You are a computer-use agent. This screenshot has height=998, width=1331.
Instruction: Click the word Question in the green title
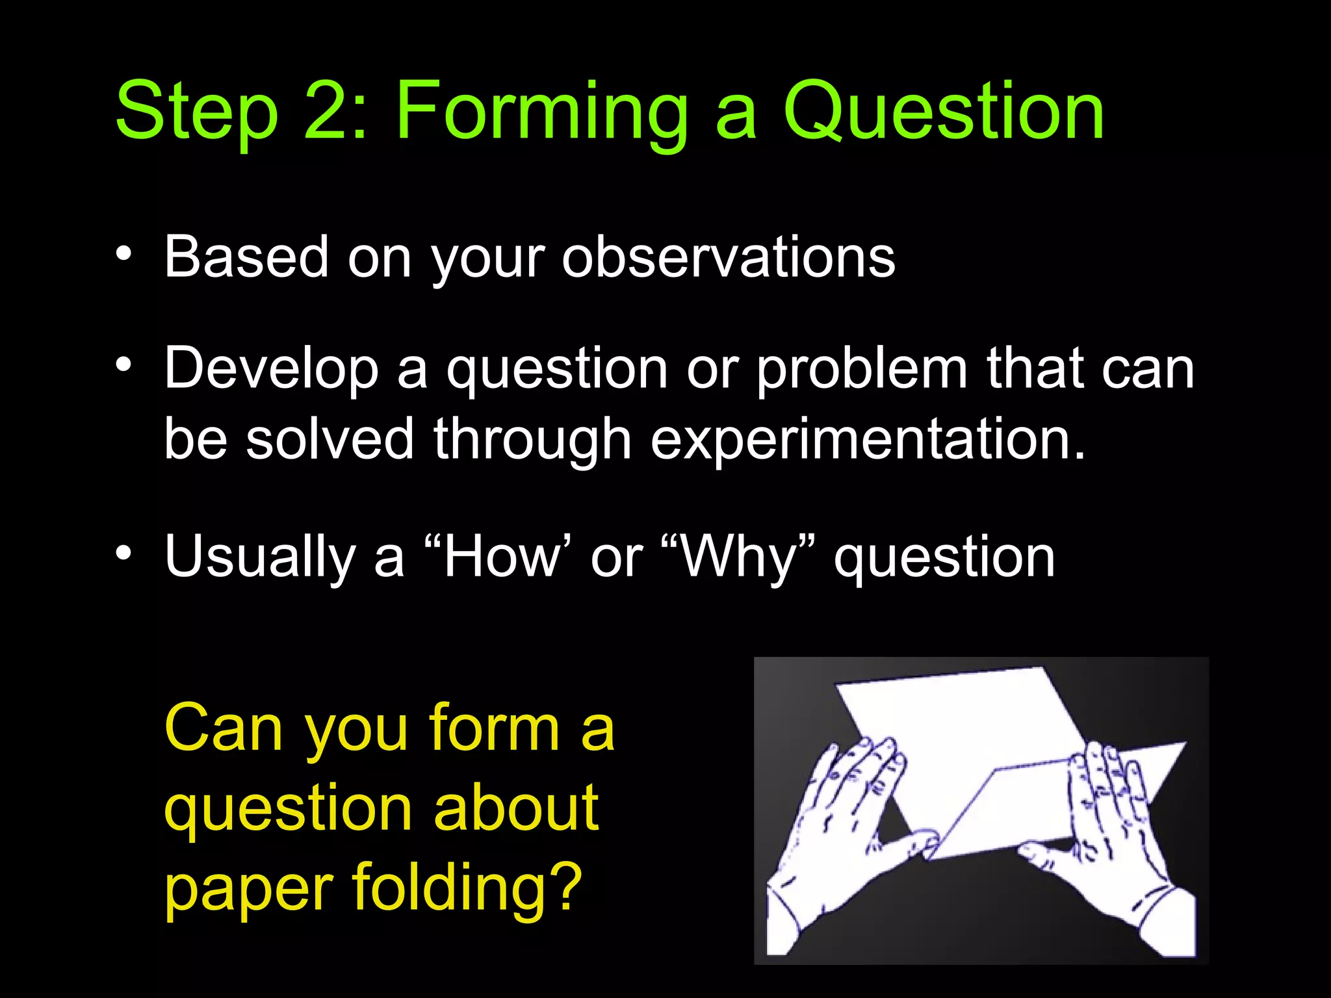coord(943,112)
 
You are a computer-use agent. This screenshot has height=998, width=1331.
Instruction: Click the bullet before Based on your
coord(123,254)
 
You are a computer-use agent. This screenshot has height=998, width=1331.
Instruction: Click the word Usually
coord(260,557)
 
